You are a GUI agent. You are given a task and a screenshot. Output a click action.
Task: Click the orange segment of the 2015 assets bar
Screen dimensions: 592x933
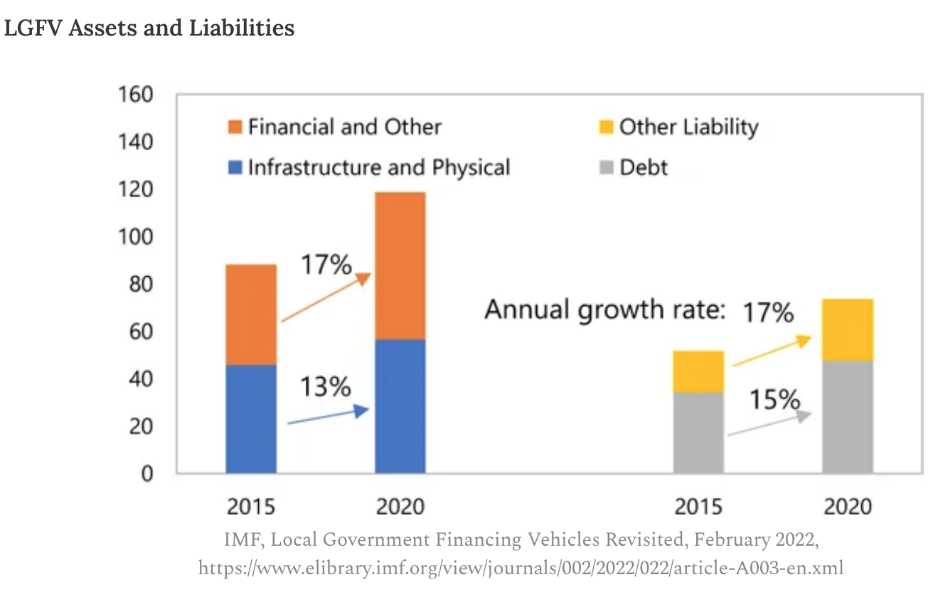(x=251, y=314)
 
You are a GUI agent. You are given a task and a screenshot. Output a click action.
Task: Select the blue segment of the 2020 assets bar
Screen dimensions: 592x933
(x=400, y=406)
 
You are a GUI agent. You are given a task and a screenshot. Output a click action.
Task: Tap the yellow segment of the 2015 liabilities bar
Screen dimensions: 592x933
(x=698, y=371)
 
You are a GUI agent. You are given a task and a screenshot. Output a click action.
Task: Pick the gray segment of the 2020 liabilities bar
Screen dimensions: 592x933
(x=848, y=417)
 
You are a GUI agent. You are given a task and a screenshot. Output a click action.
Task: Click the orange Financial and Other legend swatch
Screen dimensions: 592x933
(x=235, y=128)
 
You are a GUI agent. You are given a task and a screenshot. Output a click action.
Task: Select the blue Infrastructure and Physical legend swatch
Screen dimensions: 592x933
(x=235, y=169)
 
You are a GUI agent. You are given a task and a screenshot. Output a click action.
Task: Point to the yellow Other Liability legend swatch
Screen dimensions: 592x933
(x=606, y=128)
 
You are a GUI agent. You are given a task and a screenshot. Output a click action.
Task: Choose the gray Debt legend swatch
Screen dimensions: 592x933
(x=606, y=169)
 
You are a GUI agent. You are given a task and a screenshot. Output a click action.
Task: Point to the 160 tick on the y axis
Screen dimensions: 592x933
(x=135, y=95)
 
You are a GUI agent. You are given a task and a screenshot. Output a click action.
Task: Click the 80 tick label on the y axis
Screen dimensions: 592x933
(x=139, y=284)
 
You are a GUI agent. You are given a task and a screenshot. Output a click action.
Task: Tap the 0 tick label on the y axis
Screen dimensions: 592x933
(x=146, y=473)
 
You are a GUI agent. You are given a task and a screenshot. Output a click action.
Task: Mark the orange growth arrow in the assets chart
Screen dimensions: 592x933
(x=326, y=298)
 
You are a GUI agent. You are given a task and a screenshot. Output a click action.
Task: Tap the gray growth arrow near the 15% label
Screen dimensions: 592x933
(x=769, y=424)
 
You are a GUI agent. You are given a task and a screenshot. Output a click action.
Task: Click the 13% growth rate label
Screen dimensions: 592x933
(x=325, y=387)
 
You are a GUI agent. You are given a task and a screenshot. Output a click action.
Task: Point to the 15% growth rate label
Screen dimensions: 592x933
(x=774, y=400)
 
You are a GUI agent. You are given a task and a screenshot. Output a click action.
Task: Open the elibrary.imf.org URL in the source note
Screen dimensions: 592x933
(x=521, y=568)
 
